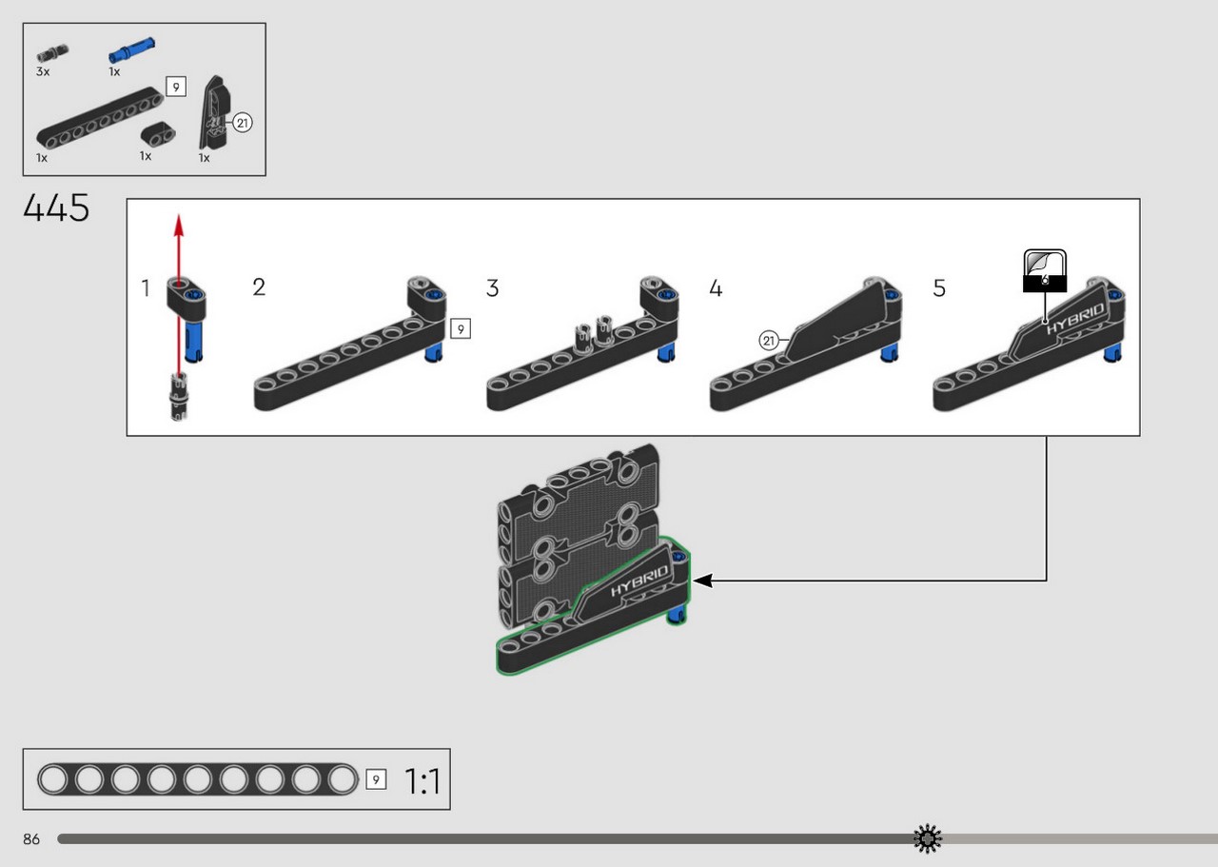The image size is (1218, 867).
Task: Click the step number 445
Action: [x=56, y=207]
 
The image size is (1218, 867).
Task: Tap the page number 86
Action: [x=31, y=839]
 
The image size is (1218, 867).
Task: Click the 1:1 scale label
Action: [x=422, y=781]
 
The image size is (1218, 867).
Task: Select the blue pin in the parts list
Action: [x=131, y=50]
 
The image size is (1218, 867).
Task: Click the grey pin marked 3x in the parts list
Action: [x=52, y=53]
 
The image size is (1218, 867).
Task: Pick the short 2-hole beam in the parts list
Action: [x=158, y=135]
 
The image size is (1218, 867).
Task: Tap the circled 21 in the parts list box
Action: [x=242, y=123]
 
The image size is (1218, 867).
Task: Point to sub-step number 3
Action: [x=492, y=287]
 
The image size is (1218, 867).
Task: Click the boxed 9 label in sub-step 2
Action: [x=461, y=329]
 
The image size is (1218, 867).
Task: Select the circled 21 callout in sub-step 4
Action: [x=768, y=341]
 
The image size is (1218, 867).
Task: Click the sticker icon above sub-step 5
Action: [x=1045, y=270]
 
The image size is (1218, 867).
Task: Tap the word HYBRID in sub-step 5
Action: [x=1076, y=319]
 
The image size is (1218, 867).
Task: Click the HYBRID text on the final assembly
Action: [x=640, y=581]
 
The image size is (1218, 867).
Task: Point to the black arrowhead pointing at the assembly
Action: [x=703, y=581]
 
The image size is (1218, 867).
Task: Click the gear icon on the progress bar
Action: [x=928, y=838]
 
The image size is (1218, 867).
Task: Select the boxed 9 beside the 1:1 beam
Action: [x=376, y=780]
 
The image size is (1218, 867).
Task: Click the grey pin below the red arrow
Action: [x=179, y=397]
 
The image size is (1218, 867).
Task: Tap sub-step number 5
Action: [x=939, y=288]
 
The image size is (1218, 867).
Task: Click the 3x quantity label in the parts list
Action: [x=43, y=71]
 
